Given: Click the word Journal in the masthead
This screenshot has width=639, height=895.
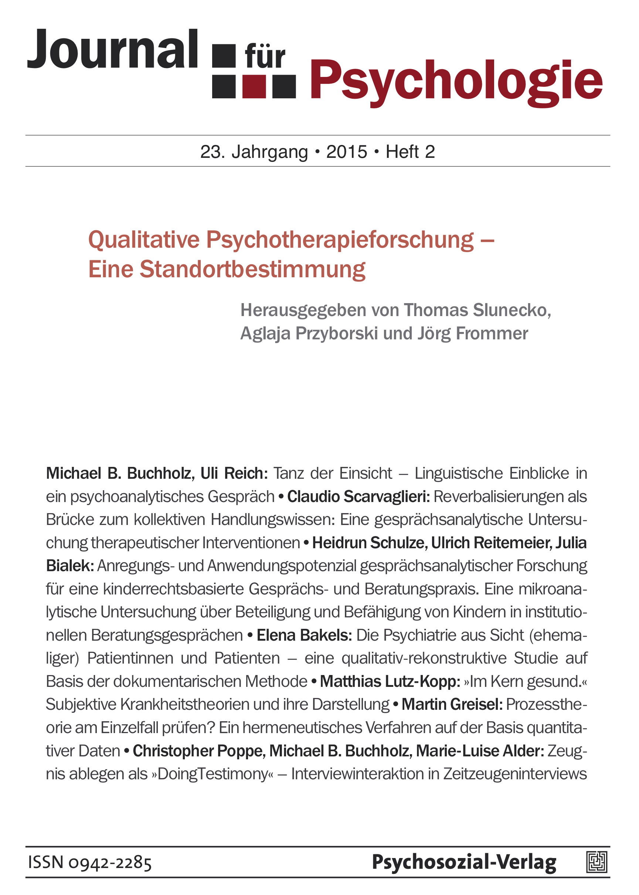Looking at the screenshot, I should click(x=112, y=49).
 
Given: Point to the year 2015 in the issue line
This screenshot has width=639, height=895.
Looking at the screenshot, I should click(x=346, y=152).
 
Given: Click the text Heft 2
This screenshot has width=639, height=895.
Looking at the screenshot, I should click(x=410, y=152).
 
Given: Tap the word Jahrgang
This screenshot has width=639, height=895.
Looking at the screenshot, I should click(x=269, y=153).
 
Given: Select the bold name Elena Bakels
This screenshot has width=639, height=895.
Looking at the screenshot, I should click(x=304, y=635).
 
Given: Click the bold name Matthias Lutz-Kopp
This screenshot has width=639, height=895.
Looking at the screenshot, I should click(x=390, y=682).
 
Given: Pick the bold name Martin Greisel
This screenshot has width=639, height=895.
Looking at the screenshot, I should click(x=452, y=705).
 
